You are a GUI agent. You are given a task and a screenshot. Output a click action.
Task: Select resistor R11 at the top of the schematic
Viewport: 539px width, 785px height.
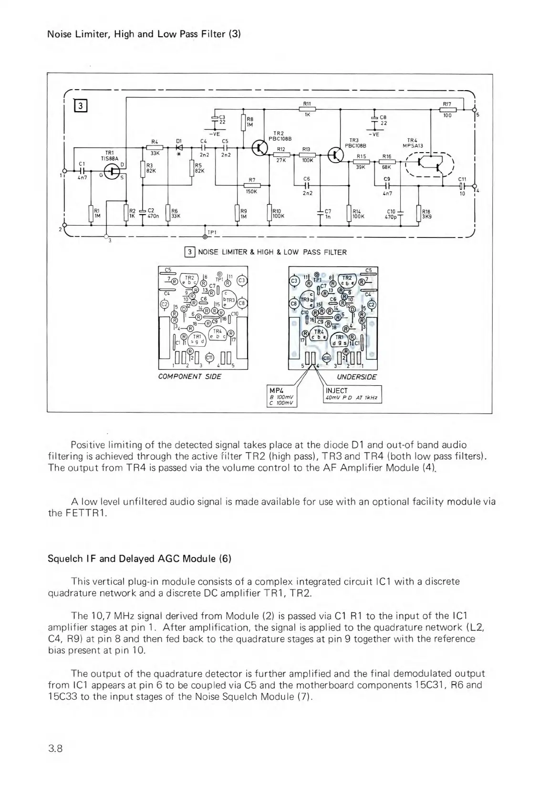tap(307, 109)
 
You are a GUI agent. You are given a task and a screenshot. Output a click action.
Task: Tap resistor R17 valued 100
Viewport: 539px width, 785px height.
tap(447, 109)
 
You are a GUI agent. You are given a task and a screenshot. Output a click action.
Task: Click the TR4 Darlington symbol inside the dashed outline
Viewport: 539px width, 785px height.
tap(429, 164)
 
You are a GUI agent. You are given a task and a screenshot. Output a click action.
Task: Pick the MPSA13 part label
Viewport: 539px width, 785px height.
tap(413, 146)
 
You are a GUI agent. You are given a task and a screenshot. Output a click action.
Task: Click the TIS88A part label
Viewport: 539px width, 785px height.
tap(109, 158)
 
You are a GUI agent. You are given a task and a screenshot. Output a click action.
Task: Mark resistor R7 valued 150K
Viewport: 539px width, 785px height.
tap(251, 186)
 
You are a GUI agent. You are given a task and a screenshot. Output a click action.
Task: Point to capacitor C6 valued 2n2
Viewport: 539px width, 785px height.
tap(307, 186)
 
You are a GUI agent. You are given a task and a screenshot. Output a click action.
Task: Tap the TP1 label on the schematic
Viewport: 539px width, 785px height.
tap(212, 232)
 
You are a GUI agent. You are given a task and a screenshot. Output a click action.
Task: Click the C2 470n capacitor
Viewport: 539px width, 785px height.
tap(143, 213)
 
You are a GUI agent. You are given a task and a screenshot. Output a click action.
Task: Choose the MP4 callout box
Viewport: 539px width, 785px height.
tap(282, 397)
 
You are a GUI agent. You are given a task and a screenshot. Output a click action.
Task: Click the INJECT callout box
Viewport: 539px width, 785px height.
tap(352, 394)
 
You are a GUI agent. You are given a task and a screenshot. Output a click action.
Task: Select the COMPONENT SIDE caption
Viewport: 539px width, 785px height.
tap(189, 376)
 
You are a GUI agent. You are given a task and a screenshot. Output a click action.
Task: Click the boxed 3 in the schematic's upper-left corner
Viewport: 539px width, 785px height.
tap(81, 106)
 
